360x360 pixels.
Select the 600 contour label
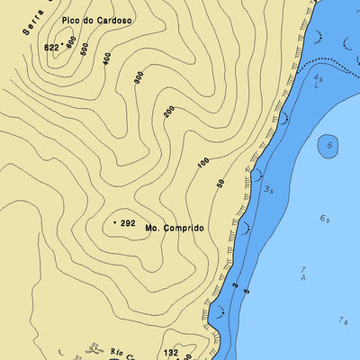tap(70, 43)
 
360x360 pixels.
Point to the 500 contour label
tap(84, 49)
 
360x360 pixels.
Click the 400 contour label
tap(107, 58)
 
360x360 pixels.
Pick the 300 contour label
tap(138, 77)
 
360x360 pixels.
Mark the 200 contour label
tap(168, 111)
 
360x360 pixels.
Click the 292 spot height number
tap(128, 222)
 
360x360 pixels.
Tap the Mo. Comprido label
tap(174, 229)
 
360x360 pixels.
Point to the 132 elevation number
tap(171, 353)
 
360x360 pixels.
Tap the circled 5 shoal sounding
tap(329, 145)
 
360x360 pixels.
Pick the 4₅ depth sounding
tap(318, 78)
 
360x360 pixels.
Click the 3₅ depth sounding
tap(268, 189)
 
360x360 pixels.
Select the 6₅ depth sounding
tap(324, 219)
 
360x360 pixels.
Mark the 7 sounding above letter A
tap(303, 269)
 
